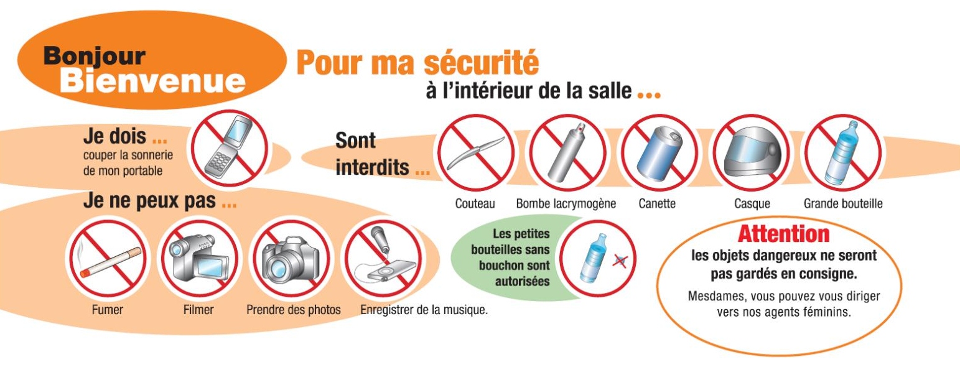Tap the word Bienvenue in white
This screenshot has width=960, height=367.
pyautogui.click(x=152, y=81)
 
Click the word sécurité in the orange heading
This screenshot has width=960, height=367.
pyautogui.click(x=482, y=63)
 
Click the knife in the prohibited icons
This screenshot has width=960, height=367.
pyautogui.click(x=475, y=153)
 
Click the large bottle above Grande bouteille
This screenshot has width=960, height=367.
pyautogui.click(x=842, y=153)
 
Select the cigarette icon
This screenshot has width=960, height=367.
pyautogui.click(x=110, y=262)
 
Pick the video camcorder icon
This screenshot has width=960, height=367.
pyautogui.click(x=199, y=259)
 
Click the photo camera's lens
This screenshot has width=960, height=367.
pyautogui.click(x=279, y=267)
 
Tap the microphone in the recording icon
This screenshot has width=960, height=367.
pyautogui.click(x=380, y=240)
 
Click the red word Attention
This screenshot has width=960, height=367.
pyautogui.click(x=784, y=235)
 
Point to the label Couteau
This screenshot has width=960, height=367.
pyautogui.click(x=475, y=203)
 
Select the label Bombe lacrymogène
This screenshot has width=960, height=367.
pyautogui.click(x=566, y=204)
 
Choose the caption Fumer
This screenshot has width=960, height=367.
pyautogui.click(x=108, y=310)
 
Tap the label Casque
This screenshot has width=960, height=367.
pyautogui.click(x=752, y=204)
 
